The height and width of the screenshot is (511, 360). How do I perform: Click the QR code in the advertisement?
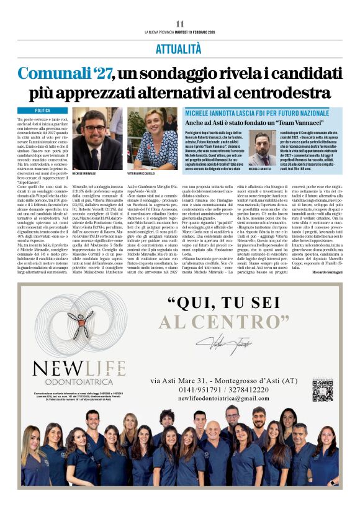tap(323, 389)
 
